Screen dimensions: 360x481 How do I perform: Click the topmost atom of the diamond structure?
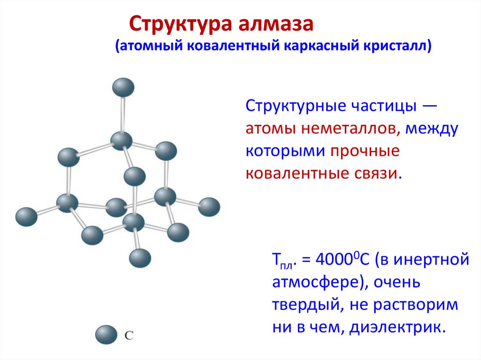(123, 87)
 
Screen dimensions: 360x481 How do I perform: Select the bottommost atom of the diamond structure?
(140, 258)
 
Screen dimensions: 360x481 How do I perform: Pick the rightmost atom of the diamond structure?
(209, 207)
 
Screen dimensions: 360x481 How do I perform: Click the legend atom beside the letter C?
(106, 335)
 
